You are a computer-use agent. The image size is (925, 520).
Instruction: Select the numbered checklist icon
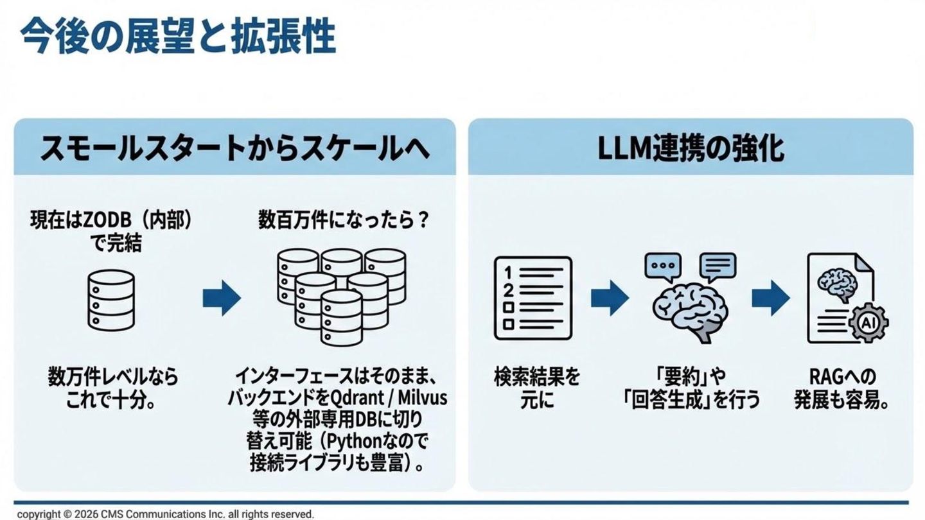tap(533, 298)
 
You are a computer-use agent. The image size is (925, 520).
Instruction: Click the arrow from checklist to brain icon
tap(609, 298)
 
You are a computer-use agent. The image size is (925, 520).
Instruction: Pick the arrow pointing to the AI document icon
tap(770, 298)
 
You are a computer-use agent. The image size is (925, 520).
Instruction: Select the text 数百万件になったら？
tap(343, 221)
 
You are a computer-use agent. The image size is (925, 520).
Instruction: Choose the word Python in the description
tap(357, 442)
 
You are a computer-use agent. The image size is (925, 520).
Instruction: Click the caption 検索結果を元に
tap(536, 388)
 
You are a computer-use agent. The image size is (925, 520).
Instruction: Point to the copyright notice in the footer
tap(165, 514)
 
